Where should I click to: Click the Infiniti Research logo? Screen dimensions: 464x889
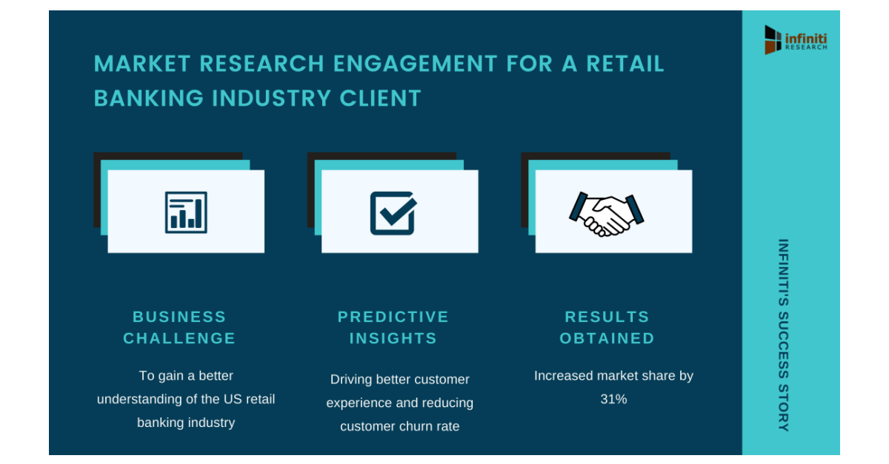pyautogui.click(x=796, y=39)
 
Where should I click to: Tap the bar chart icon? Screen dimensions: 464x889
pyautogui.click(x=186, y=212)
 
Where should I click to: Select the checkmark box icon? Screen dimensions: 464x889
pyautogui.click(x=393, y=212)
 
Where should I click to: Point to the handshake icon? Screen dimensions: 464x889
pyautogui.click(x=606, y=213)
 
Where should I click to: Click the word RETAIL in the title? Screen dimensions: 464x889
pyautogui.click(x=625, y=64)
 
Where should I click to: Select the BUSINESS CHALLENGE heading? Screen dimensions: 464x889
pyautogui.click(x=179, y=327)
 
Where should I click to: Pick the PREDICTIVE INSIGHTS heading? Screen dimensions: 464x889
pyautogui.click(x=393, y=327)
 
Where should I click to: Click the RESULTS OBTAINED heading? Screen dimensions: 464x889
pyautogui.click(x=607, y=327)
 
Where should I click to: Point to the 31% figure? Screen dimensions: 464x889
pyautogui.click(x=613, y=400)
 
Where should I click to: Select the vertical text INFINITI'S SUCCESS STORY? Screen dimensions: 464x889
pyautogui.click(x=784, y=334)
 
